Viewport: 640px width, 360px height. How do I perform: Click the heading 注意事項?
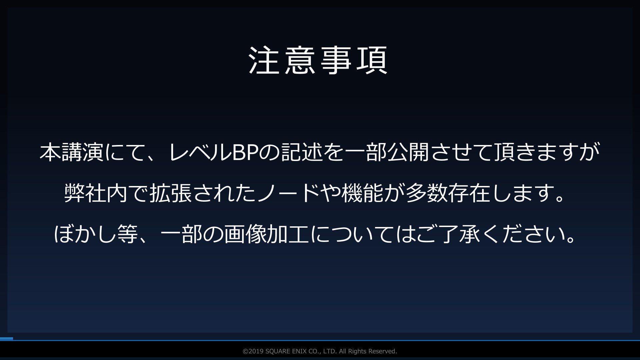[x=318, y=60]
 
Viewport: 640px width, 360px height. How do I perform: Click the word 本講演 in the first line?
[x=72, y=152]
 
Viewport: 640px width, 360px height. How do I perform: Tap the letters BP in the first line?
[x=246, y=152]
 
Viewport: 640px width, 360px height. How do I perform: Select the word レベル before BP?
[x=200, y=152]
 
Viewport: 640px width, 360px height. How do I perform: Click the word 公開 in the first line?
[x=409, y=152]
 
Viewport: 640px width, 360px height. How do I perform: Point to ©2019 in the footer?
[x=253, y=351]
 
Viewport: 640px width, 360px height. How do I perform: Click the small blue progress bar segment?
[x=6, y=339]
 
